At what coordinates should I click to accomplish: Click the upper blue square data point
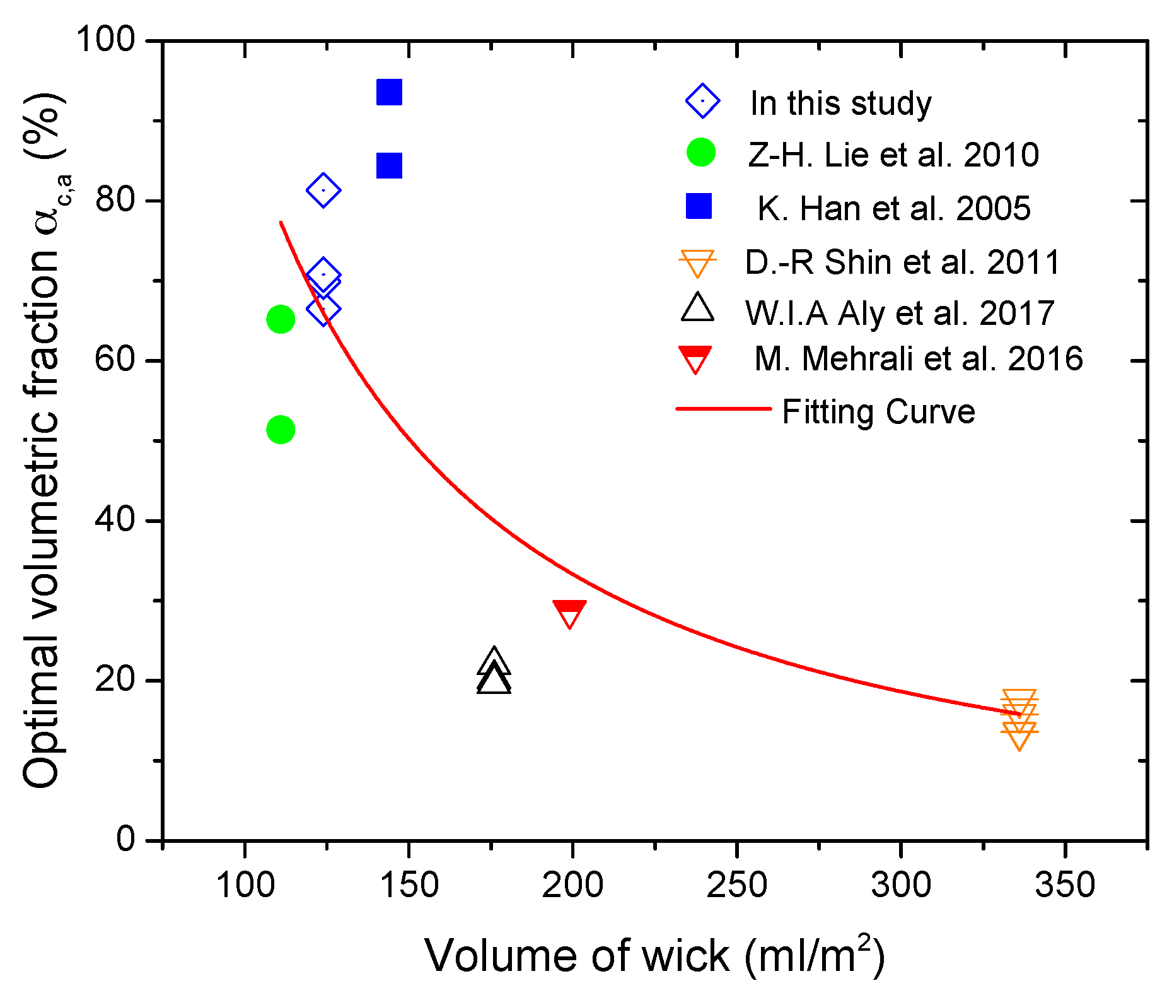coord(389,93)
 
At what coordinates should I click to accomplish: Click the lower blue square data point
coord(389,167)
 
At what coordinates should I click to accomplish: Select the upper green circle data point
coord(281,319)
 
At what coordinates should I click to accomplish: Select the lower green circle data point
coord(281,430)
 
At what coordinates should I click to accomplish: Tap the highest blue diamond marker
coord(323,190)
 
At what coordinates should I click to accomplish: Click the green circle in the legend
coord(701,153)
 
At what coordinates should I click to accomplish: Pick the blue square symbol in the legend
coord(699,206)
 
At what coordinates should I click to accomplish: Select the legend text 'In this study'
coord(840,103)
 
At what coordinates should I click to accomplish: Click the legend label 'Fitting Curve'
coord(878,412)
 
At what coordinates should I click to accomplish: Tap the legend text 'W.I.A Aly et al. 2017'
coord(900,313)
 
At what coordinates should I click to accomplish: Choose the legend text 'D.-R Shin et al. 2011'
coord(902,262)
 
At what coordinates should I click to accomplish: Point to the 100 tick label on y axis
coord(106,40)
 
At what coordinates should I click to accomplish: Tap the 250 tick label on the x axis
coord(736,885)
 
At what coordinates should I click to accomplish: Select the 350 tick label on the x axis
coord(1065,885)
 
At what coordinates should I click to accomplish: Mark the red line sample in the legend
coord(723,409)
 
